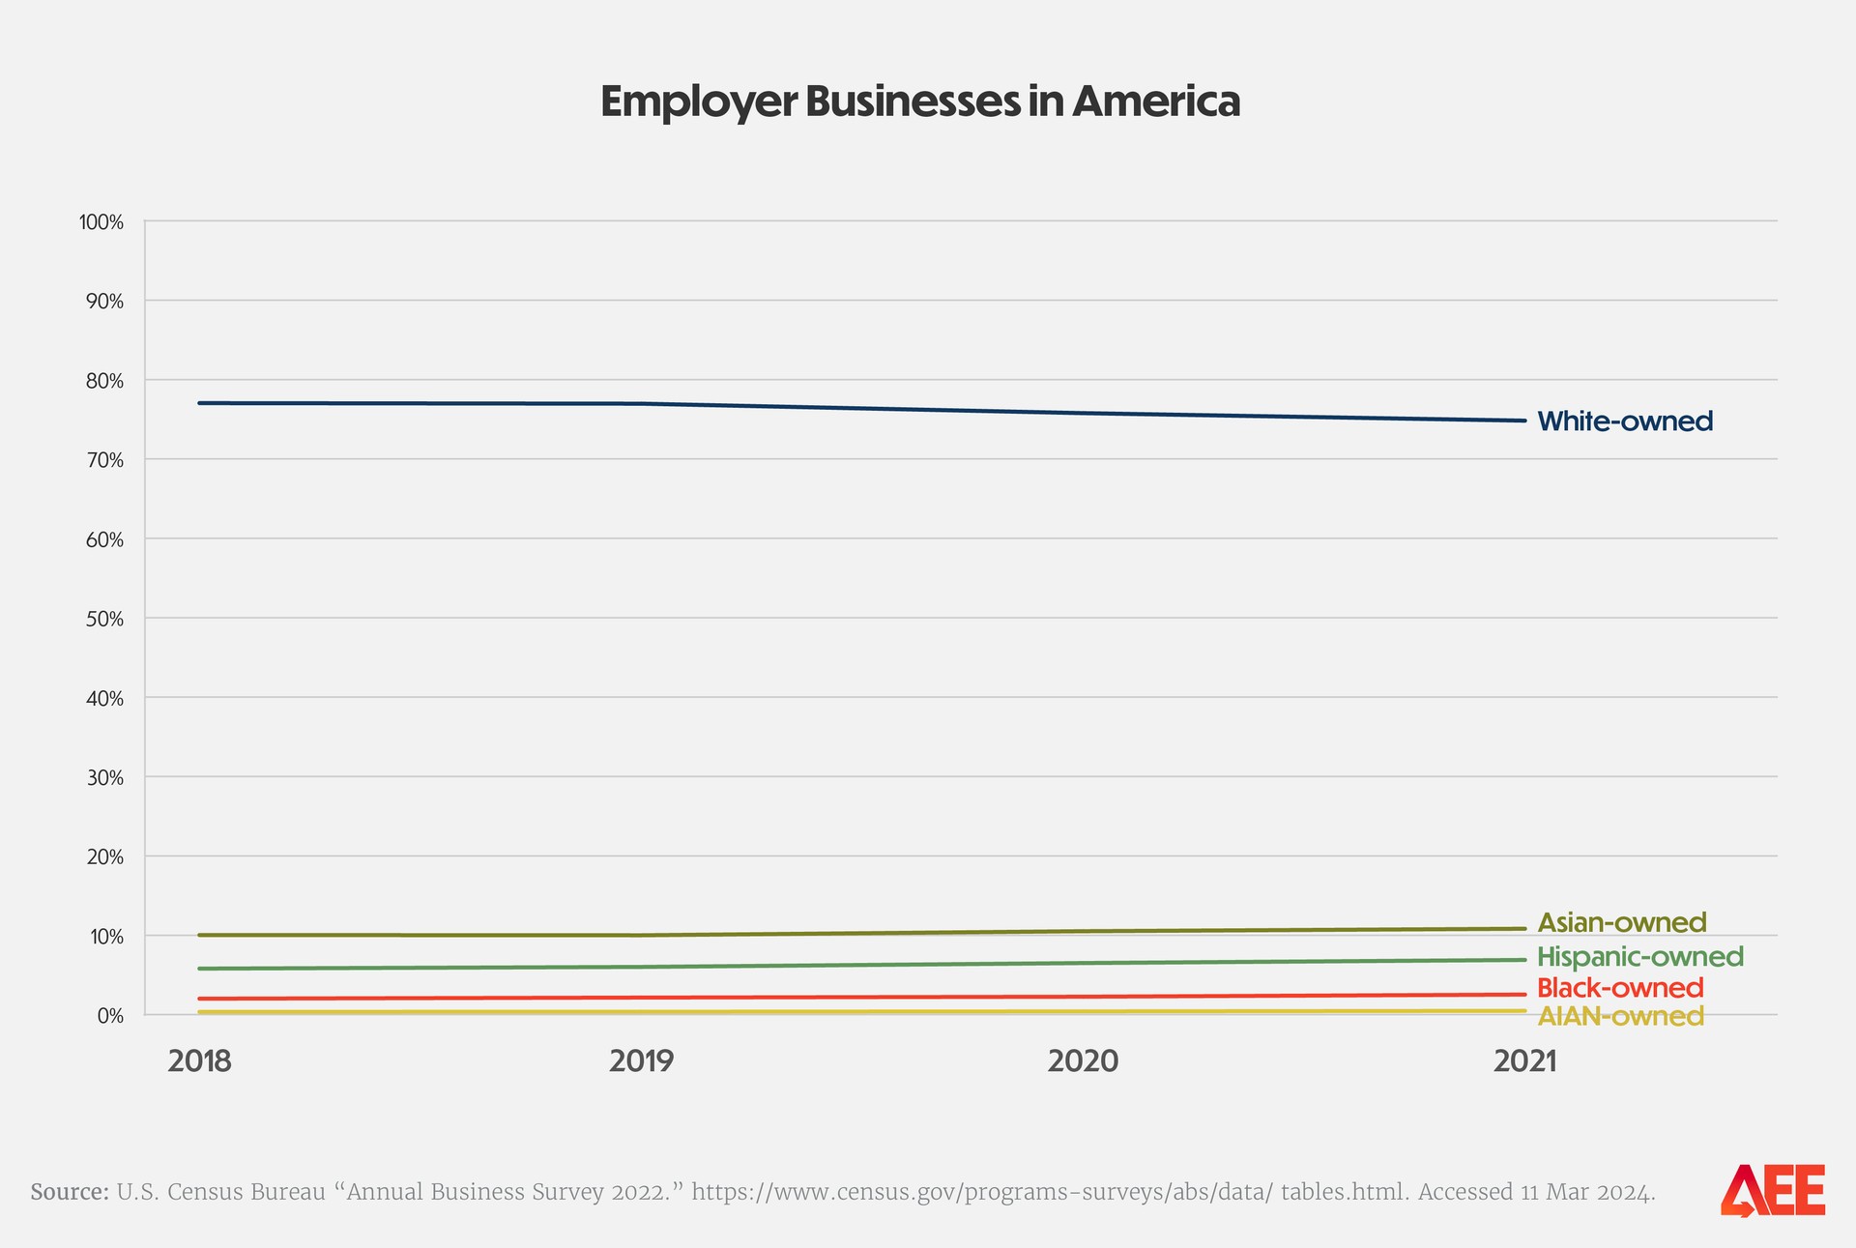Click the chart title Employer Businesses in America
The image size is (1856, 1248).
(x=919, y=102)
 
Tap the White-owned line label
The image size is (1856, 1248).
(x=1624, y=421)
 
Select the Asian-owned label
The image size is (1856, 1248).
(x=1621, y=922)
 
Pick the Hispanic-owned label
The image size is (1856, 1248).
(x=1639, y=957)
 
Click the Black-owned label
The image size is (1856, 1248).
(x=1619, y=988)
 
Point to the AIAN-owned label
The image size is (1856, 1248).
(x=1619, y=1016)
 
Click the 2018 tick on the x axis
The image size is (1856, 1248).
(x=199, y=1061)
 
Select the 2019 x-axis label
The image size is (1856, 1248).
(x=642, y=1061)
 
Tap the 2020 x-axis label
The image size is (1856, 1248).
(x=1083, y=1061)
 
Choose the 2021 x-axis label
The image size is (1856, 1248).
(x=1524, y=1061)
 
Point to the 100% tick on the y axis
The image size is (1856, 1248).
(x=101, y=222)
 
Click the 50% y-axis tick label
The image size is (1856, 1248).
(x=104, y=619)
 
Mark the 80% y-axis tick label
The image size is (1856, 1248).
(x=104, y=381)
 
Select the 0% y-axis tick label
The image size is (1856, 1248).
(x=109, y=1015)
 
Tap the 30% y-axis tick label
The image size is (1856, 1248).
(x=104, y=777)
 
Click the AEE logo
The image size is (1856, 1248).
(x=1772, y=1190)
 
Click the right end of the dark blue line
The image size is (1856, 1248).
(x=1523, y=421)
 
